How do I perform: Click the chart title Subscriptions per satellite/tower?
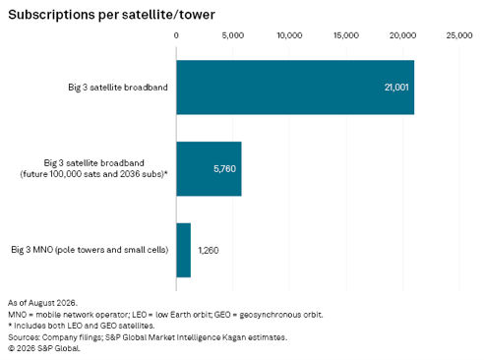click(111, 15)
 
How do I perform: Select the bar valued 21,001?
click(295, 88)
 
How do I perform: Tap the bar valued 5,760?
click(209, 169)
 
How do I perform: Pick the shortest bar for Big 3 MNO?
click(183, 250)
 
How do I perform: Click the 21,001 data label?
click(396, 88)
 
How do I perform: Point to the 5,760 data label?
click(224, 169)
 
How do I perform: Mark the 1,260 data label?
click(209, 251)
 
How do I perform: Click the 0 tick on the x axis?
click(176, 35)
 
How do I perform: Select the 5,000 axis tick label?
click(233, 35)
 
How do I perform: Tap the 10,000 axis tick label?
click(289, 35)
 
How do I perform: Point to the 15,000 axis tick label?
click(346, 35)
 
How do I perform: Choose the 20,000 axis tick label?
click(402, 35)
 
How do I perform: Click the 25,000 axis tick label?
click(459, 35)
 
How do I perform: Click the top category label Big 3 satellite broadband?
click(118, 88)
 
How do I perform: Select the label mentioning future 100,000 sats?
click(93, 168)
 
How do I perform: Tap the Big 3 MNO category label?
click(90, 250)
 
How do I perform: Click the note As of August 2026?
click(42, 303)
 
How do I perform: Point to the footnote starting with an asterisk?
click(81, 326)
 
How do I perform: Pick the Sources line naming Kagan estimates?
click(148, 337)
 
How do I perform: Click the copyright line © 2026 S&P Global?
click(44, 348)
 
